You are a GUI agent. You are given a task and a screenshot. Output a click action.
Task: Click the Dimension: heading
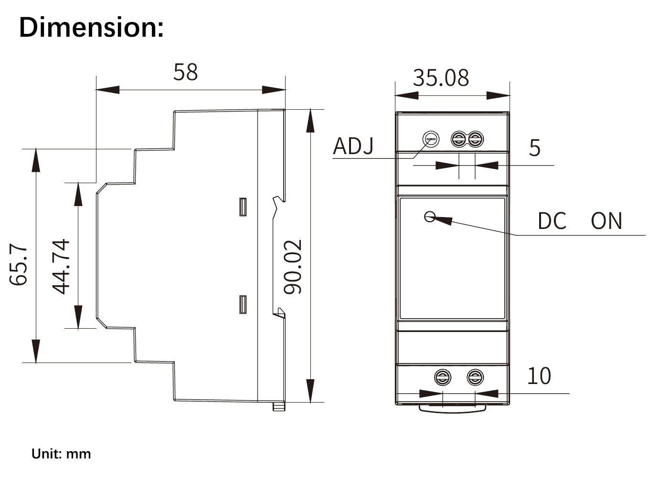(x=91, y=27)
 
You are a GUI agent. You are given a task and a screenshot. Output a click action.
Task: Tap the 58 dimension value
(x=185, y=73)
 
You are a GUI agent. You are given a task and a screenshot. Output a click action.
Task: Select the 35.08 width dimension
(x=441, y=78)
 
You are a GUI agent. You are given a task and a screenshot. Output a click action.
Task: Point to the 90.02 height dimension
(x=293, y=267)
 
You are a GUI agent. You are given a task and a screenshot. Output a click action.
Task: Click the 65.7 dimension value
(x=19, y=265)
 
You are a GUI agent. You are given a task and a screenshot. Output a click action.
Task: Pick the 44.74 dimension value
(x=61, y=267)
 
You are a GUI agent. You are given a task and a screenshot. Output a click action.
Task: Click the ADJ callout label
(x=353, y=146)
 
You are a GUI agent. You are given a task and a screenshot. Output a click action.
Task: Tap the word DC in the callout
(x=552, y=221)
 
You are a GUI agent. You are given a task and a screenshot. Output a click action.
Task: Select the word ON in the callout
(x=606, y=221)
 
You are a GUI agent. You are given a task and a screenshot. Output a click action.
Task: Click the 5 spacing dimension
(x=534, y=148)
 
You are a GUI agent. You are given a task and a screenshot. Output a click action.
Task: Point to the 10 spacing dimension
(x=539, y=376)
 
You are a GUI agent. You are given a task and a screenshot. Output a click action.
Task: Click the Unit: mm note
(x=61, y=454)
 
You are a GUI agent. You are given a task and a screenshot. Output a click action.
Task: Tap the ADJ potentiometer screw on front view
(x=431, y=139)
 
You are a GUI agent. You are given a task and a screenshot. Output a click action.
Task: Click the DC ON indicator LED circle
(x=429, y=217)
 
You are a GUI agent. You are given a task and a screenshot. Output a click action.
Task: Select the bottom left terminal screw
(x=443, y=378)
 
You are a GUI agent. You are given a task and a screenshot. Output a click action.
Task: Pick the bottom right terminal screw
(x=475, y=378)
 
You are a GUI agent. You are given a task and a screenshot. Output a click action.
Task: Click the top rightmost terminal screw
(x=475, y=140)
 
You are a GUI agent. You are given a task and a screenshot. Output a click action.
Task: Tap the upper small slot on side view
(x=243, y=207)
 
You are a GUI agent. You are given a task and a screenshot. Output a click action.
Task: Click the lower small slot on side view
(x=243, y=305)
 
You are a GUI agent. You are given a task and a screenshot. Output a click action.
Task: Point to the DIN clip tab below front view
(x=452, y=408)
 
